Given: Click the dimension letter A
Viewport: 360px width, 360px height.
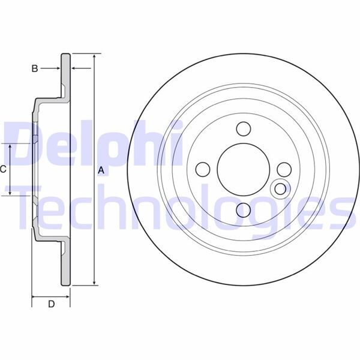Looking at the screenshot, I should coord(101,171).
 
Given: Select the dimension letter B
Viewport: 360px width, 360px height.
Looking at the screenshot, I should coord(35,69).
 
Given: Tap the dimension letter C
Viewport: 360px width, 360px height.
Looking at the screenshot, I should coord(3,170).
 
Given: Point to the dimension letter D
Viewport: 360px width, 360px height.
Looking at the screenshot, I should coord(51,304).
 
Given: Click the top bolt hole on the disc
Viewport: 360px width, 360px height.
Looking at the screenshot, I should coord(243,129).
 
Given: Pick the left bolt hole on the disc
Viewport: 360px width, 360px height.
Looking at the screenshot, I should coord(203,169).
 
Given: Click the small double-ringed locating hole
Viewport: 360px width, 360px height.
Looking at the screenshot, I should coord(280,190).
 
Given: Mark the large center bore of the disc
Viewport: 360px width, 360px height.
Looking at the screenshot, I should coord(243,169).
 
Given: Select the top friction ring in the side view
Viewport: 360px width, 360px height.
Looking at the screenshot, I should coord(66,72).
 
